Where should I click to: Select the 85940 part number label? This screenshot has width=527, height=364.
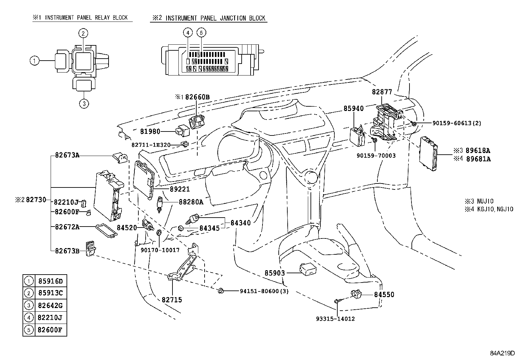[354, 108]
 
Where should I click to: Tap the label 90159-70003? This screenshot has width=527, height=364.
[376, 155]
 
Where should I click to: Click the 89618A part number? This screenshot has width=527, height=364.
[478, 150]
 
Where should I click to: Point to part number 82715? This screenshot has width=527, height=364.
[172, 300]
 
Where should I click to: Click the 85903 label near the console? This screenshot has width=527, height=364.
[275, 273]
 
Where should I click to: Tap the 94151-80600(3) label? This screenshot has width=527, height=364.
[264, 291]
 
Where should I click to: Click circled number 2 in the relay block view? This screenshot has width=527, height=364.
[83, 33]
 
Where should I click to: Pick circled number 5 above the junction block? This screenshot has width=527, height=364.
[201, 32]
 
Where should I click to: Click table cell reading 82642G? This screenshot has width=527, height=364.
[50, 305]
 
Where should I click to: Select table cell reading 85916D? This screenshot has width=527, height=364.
[50, 282]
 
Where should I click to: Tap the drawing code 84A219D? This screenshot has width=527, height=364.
[503, 353]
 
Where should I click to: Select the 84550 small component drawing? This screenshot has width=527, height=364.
[356, 294]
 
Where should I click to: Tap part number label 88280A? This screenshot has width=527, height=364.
[191, 202]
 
